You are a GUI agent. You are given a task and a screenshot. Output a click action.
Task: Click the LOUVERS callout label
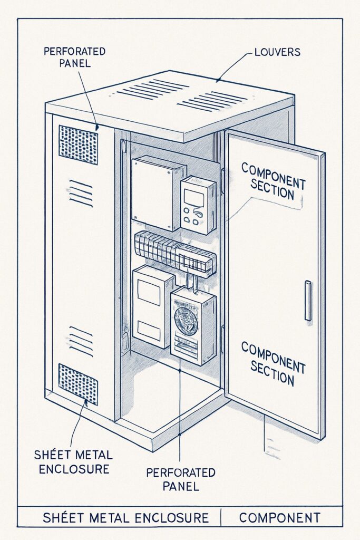click(x=277, y=52)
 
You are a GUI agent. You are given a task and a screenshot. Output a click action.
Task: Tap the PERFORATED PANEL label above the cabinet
click(x=74, y=57)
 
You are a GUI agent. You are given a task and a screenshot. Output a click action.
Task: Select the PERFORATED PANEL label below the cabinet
click(x=181, y=478)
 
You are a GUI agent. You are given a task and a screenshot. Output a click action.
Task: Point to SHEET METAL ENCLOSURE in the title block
click(x=125, y=517)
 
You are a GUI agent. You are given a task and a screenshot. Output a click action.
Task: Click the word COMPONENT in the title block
click(x=283, y=517)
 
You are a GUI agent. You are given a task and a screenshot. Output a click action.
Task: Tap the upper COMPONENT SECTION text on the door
click(x=273, y=181)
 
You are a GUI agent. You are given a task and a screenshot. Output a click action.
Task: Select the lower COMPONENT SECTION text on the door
click(x=273, y=363)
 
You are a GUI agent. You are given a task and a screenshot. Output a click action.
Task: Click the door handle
click(x=308, y=301)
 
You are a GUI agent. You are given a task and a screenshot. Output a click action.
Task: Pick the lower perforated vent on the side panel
click(x=77, y=383)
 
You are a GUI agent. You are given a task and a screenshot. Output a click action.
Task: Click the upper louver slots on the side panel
click(x=81, y=194)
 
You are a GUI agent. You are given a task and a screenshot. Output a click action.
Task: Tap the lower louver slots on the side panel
click(x=81, y=340)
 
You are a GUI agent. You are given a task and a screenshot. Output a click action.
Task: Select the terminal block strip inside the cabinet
click(x=174, y=252)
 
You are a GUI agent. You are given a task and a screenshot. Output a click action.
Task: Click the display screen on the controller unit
click(x=194, y=198)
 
